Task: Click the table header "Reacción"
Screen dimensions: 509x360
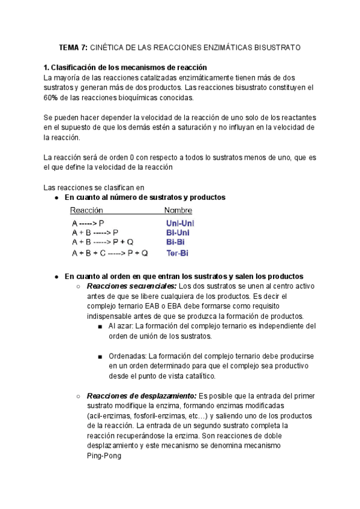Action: (87, 211)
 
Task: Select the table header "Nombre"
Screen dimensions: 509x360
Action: (178, 211)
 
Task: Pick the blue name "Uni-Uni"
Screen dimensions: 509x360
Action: (180, 223)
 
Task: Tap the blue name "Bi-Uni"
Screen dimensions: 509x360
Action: (179, 233)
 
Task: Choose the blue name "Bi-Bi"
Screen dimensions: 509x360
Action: (176, 242)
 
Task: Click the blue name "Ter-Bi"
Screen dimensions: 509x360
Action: (177, 253)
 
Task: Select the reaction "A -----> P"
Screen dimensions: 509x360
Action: (88, 223)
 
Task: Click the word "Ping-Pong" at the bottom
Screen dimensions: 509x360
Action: (104, 456)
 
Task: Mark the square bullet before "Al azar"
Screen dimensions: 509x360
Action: (100, 327)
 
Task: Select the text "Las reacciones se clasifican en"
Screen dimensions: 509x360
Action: (94, 187)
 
